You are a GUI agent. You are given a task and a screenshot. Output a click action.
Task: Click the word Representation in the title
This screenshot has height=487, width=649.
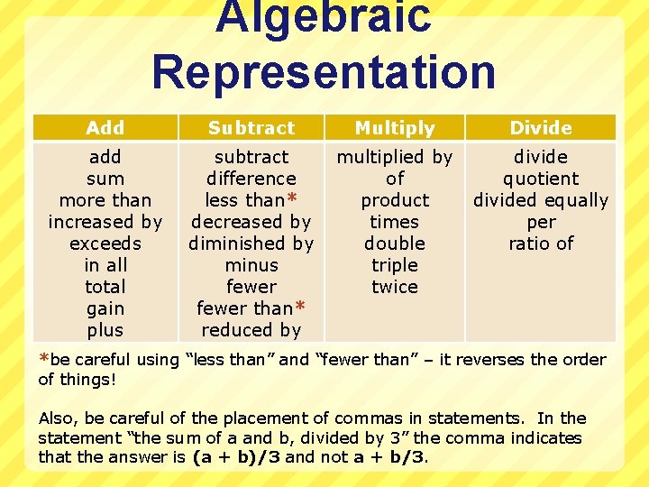(324, 72)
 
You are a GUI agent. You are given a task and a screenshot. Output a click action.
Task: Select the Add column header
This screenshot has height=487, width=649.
(105, 128)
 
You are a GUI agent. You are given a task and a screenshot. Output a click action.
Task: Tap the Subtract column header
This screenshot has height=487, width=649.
(251, 128)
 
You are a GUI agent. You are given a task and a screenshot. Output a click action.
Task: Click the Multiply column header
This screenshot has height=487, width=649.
(395, 128)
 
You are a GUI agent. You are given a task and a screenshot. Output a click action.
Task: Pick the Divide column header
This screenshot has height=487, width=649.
(541, 128)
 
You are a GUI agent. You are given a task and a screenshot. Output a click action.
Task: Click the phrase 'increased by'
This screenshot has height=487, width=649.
(105, 222)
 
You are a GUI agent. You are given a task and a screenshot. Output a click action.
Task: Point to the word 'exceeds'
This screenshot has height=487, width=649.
(105, 243)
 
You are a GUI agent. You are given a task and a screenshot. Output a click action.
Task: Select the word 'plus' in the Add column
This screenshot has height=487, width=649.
(105, 330)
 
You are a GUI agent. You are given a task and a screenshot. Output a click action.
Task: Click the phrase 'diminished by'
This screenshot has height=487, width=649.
(251, 243)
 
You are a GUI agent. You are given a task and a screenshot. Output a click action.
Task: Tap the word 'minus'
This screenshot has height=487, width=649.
(251, 265)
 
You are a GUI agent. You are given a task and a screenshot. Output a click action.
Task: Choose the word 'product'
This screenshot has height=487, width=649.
(395, 200)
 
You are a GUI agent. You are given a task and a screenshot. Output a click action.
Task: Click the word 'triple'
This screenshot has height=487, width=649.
(395, 265)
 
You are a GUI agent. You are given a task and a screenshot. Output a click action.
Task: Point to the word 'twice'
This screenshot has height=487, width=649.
(395, 287)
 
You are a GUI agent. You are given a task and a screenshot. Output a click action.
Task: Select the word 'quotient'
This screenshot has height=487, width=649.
(541, 179)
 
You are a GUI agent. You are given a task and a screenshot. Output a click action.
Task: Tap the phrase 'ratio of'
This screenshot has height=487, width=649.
(541, 243)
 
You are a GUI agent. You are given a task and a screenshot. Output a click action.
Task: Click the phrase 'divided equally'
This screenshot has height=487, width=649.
(541, 200)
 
